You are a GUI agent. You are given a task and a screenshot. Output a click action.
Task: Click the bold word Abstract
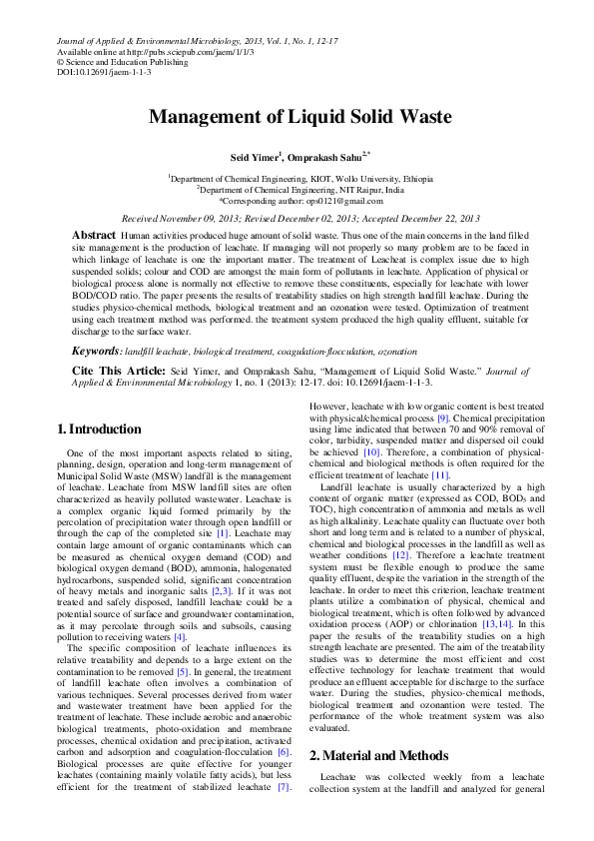pyautogui.click(x=94, y=234)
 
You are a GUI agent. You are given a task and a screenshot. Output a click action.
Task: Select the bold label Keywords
pyautogui.click(x=96, y=352)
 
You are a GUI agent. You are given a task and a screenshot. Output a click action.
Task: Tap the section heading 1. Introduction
pyautogui.click(x=99, y=429)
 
